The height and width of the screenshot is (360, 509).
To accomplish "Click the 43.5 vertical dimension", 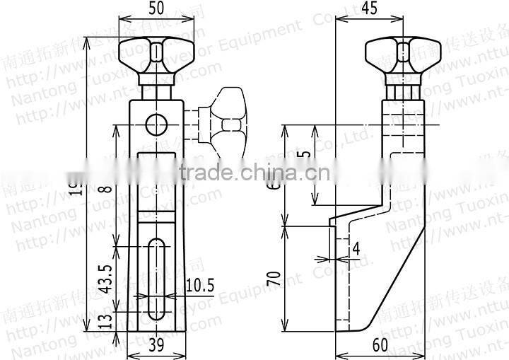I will pyautogui.click(x=105, y=279).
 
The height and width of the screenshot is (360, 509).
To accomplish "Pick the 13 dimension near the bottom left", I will pyautogui.click(x=105, y=321).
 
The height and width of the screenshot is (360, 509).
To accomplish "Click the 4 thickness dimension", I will pyautogui.click(x=356, y=248).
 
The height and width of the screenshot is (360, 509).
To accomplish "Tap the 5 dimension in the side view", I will pyautogui.click(x=303, y=156).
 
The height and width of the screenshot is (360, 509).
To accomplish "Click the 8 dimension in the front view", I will pyautogui.click(x=105, y=190).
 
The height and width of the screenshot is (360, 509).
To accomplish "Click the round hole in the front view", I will pyautogui.click(x=156, y=125).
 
